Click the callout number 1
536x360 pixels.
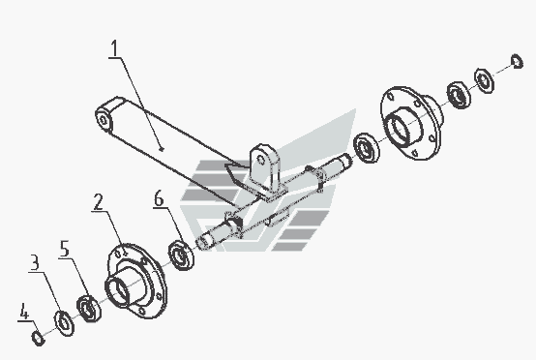point(115,48)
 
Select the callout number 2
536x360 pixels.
point(99,202)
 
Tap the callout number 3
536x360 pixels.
point(35,262)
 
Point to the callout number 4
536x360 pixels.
point(23,311)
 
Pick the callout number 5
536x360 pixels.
point(65,249)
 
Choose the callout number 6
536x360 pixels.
point(159,198)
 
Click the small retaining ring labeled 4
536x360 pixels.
point(38,338)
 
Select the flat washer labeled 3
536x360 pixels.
point(64,323)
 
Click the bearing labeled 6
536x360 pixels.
point(181,255)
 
